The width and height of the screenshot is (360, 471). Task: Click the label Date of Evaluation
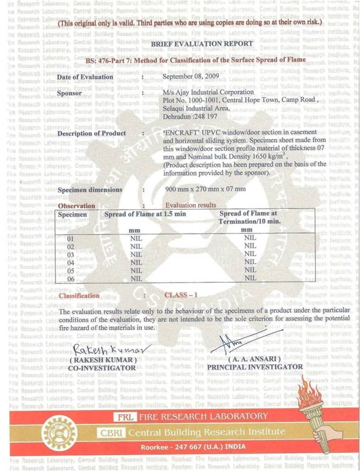86,76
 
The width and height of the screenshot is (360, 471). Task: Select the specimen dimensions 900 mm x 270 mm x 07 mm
205,189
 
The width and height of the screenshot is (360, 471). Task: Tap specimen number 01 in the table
71,238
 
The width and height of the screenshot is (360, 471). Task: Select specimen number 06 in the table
71,279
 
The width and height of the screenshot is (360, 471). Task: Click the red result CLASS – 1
181,295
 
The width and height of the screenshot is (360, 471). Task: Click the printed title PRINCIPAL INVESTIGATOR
255,367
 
